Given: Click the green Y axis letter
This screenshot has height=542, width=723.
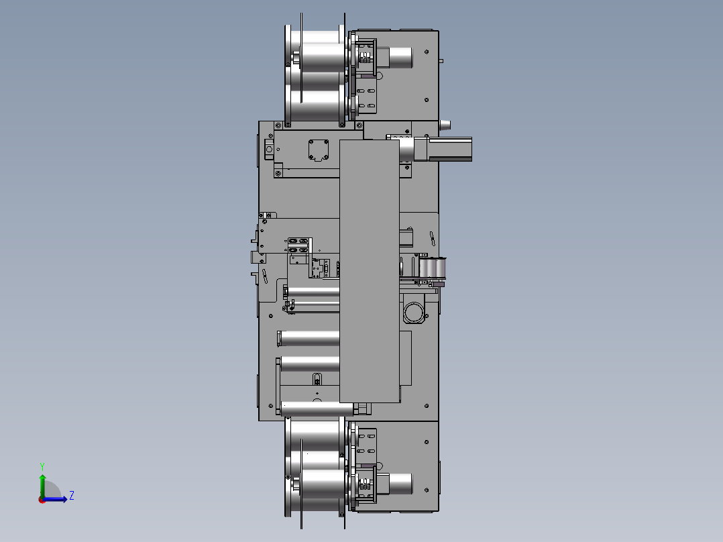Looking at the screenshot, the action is pos(42,466).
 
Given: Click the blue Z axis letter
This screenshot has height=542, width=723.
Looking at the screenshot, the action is pos(72,496).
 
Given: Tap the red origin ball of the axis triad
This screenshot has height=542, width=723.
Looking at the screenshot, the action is pos(42,500).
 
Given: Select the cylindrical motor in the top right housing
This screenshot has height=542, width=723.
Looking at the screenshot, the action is pos(400,58).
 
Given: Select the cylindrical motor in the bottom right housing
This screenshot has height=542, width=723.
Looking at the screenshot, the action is pos(400,484).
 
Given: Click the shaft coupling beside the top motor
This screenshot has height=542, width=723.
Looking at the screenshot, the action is pos(365,58).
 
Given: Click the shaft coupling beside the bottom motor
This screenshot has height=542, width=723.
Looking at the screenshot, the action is pos(365,484).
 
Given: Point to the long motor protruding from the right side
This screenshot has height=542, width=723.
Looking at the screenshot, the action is pos(443,149).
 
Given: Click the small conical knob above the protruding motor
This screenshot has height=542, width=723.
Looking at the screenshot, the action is pos(445,125).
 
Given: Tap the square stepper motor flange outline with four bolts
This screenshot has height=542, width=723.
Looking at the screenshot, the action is pos(318,150).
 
